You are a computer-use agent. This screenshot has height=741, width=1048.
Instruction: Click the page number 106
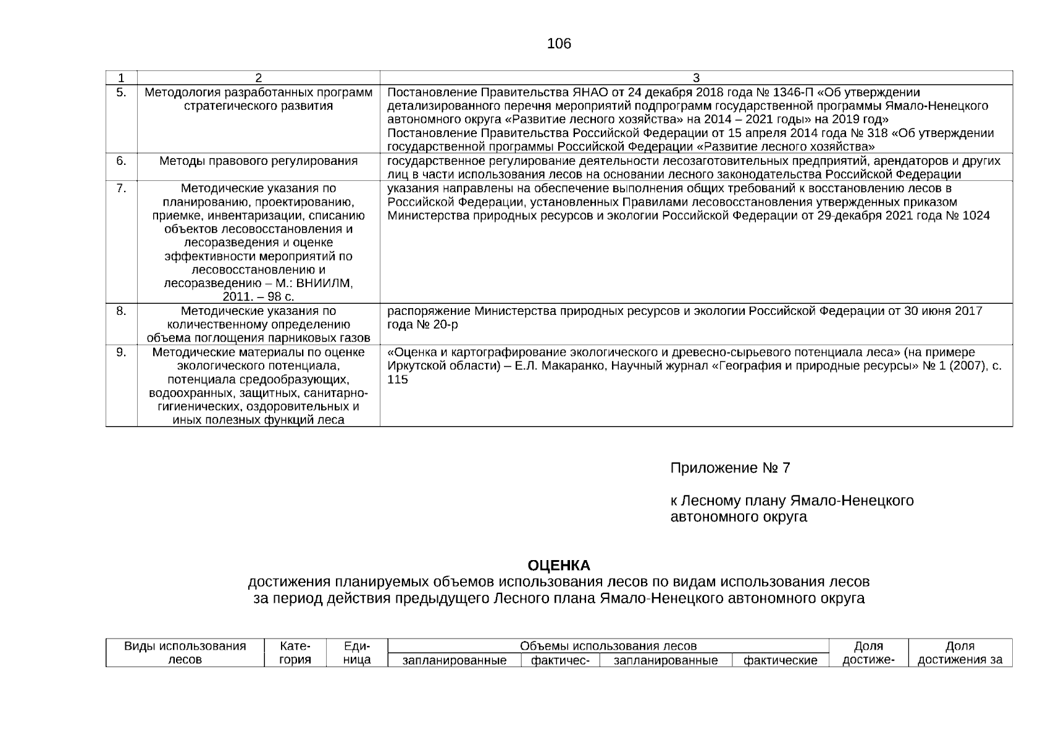[x=559, y=44]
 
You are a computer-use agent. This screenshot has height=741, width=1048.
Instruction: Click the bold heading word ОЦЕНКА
[x=559, y=566]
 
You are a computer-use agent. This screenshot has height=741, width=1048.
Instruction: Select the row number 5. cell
[x=121, y=93]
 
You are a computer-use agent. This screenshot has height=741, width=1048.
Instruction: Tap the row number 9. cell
[x=121, y=352]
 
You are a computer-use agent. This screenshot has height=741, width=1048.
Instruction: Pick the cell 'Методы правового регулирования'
[x=258, y=161]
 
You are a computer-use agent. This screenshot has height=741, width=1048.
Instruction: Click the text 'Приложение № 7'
[x=730, y=468]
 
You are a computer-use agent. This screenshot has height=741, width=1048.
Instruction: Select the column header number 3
[x=696, y=78]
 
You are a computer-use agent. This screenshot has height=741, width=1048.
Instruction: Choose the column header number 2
[x=258, y=78]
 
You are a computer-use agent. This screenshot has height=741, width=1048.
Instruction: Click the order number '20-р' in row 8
[x=445, y=324]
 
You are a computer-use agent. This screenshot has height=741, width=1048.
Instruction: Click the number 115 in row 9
[x=398, y=379]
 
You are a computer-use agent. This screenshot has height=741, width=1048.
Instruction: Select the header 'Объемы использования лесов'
[x=608, y=647]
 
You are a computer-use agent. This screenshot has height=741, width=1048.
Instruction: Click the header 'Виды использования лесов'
[x=185, y=653]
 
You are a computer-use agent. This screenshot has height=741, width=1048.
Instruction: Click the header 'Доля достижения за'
[x=960, y=653]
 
